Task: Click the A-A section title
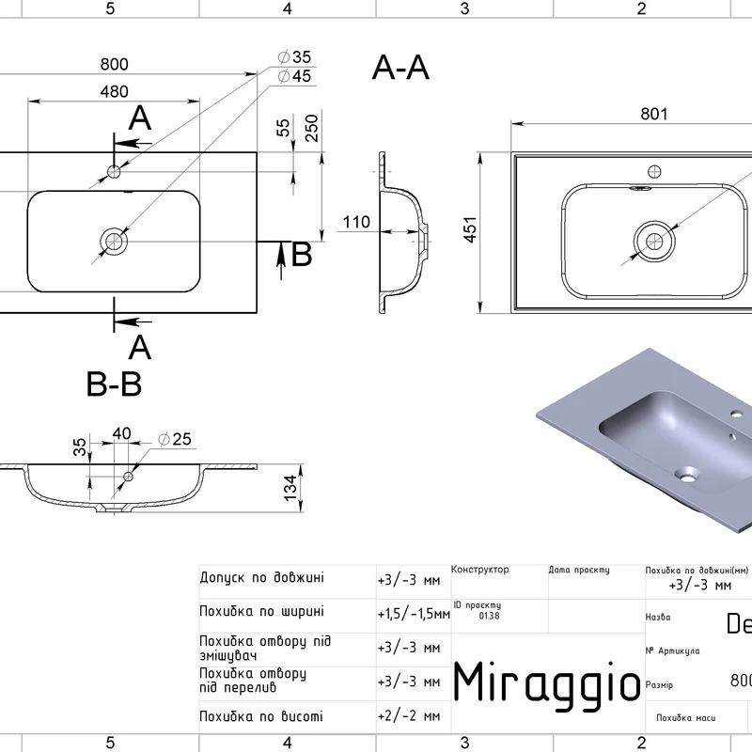tap(401, 68)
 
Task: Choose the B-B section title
tap(114, 384)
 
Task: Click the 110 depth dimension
tap(356, 223)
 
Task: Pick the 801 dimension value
tap(654, 115)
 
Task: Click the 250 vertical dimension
tap(311, 129)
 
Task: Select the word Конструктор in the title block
tap(480, 570)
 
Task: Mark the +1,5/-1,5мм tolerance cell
tap(413, 614)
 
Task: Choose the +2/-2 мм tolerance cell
tap(409, 716)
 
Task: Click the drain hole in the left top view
tap(114, 241)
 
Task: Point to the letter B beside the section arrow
tap(301, 255)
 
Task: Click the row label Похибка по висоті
tap(261, 716)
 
